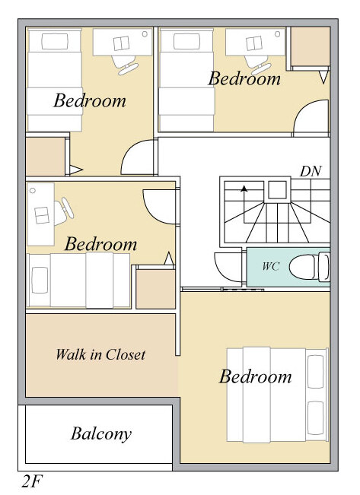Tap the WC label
pyautogui.click(x=270, y=266)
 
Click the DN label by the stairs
pyautogui.click(x=311, y=171)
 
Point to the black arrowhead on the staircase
pyautogui.click(x=244, y=189)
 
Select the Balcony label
pyautogui.click(x=100, y=434)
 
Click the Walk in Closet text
pyautogui.click(x=100, y=354)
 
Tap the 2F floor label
pyautogui.click(x=32, y=482)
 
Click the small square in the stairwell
pyautogui.click(x=278, y=189)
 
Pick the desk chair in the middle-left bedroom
pyautogui.click(x=63, y=211)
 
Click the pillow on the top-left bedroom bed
pyautogui.click(x=55, y=41)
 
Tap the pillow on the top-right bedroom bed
pyautogui.click(x=186, y=41)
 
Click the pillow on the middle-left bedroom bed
pyautogui.click(x=40, y=281)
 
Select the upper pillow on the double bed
pyautogui.click(x=315, y=372)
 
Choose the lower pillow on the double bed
pyautogui.click(x=315, y=417)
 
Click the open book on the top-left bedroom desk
pyautogui.click(x=121, y=43)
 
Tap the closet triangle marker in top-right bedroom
pyautogui.click(x=323, y=78)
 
